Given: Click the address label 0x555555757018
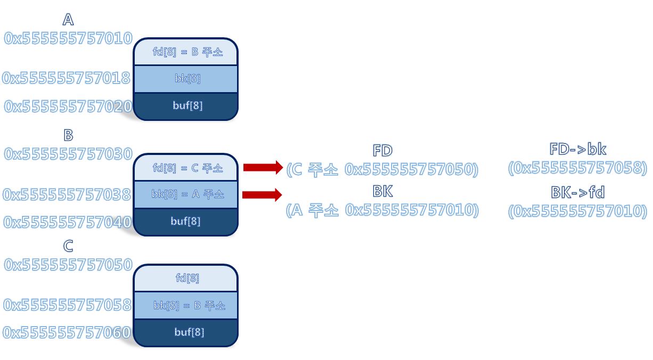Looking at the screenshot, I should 67,78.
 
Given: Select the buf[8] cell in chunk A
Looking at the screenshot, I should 186,105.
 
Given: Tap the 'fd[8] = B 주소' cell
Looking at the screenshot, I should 186,52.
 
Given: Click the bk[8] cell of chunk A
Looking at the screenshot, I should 186,79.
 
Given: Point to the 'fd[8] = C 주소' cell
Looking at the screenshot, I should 186,168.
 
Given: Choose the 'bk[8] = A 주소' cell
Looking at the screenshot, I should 186,194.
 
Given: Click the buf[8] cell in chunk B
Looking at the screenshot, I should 186,221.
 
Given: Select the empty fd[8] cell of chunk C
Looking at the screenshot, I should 186,278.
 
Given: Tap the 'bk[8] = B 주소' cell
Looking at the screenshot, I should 186,306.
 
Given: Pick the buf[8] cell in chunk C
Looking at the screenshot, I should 186,332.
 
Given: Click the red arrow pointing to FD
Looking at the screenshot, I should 263,167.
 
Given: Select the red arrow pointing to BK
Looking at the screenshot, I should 262,194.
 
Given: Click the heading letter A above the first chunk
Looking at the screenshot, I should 68,20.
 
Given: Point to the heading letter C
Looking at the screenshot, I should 68,246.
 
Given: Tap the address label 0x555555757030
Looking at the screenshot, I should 68,154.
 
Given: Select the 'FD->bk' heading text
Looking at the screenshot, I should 577,149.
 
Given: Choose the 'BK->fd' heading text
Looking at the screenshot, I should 577,192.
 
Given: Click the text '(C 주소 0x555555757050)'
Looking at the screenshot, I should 382,169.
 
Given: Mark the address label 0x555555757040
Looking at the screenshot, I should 67,222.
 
